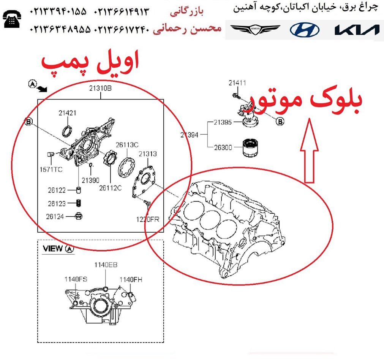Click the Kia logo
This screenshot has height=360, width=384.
coord(357,30)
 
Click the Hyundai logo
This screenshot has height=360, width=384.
coord(304,30)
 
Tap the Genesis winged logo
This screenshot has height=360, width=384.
coord(255,29)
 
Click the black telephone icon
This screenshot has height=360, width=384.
coord(12,19)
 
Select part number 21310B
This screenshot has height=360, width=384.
coord(100,88)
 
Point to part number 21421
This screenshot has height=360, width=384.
coord(67,113)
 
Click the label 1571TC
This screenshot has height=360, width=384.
coord(51,169)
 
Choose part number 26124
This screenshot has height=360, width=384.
coord(55,217)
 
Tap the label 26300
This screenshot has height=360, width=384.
coord(223,147)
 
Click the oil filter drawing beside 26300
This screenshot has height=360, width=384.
coord(250,147)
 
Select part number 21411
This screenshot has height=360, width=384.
coord(237,83)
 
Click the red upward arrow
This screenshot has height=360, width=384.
coord(309,151)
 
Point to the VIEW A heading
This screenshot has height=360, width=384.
coord(58,249)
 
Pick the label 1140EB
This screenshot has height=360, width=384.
coord(106,265)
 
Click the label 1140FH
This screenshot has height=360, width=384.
coord(131,280)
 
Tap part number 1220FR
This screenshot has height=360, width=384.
coord(148,219)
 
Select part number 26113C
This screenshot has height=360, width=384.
coord(127,145)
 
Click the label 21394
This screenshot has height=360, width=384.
coord(189,135)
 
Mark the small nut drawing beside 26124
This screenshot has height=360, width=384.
coord(78,216)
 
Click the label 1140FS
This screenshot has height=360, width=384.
coord(76,279)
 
